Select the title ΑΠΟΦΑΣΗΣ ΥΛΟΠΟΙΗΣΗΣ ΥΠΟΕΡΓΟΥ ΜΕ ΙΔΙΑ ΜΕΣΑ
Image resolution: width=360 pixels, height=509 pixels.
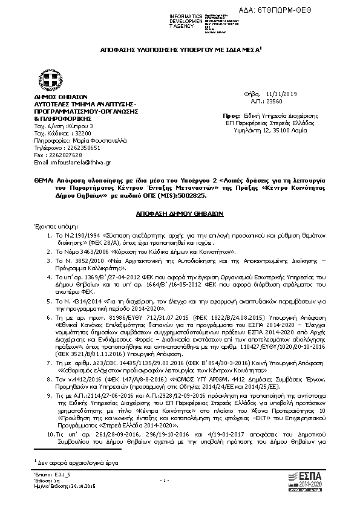point(180,53)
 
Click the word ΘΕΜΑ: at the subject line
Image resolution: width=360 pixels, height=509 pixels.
point(43,181)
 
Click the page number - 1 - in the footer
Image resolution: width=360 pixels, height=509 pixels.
point(180,481)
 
